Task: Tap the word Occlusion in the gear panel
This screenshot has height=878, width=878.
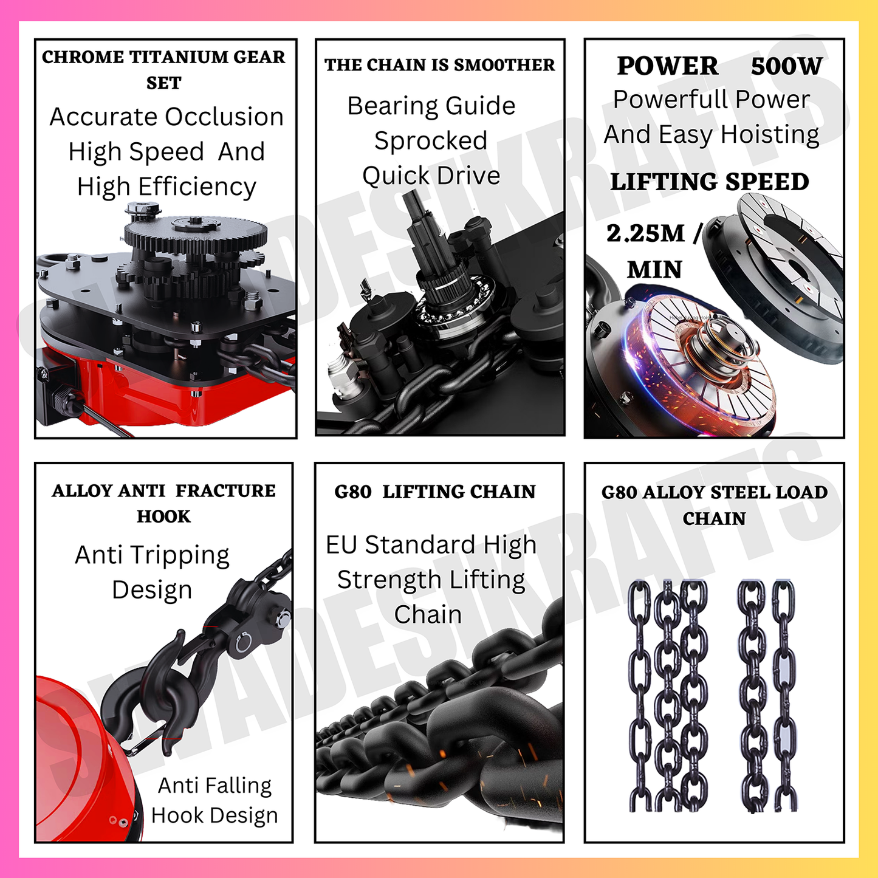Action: pos(224,117)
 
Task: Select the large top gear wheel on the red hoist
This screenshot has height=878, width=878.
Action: pos(196,232)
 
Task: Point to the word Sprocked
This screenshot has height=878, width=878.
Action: pos(431,140)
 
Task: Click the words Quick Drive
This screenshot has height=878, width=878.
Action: pos(431,176)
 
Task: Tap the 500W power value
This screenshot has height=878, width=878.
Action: pos(786,66)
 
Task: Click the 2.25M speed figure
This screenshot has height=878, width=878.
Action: pos(645,233)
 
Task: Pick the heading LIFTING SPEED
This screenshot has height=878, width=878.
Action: pos(710,181)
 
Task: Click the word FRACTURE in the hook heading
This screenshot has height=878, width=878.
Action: pos(225,491)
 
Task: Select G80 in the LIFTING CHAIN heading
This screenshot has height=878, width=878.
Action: pos(352,492)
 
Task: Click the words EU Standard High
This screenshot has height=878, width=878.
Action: pos(431,545)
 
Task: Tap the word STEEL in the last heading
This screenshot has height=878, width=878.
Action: pos(736,492)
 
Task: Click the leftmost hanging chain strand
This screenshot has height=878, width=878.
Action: pos(640,696)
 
